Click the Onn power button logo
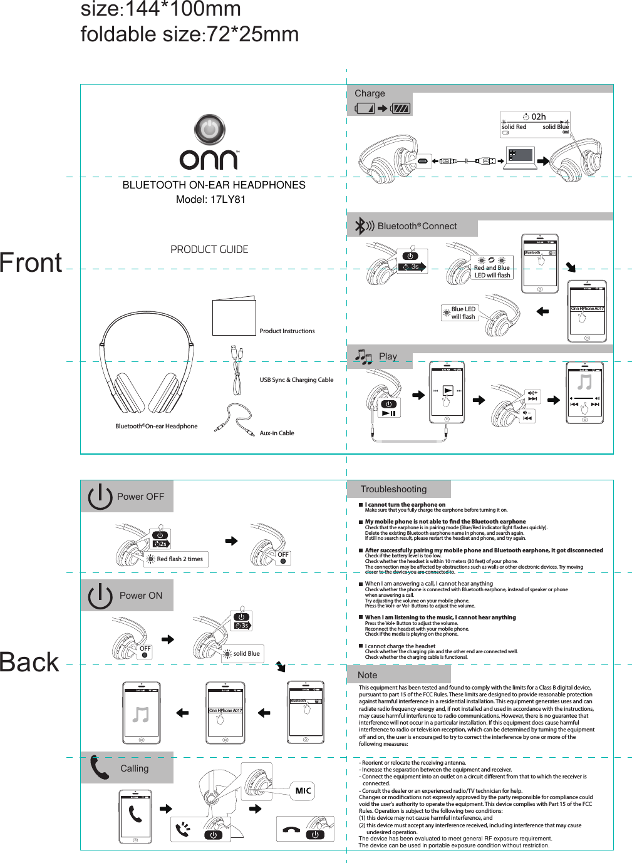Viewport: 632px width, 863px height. [209, 130]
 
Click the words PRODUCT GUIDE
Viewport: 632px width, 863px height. [209, 249]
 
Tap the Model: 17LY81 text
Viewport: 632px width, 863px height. [210, 200]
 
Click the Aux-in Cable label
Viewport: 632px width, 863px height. [277, 433]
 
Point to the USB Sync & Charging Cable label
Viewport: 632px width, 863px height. [296, 380]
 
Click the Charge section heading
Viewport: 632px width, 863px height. [370, 93]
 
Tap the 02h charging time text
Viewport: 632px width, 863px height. [538, 116]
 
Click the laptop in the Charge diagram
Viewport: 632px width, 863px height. [521, 157]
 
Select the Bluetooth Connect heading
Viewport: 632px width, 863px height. [417, 226]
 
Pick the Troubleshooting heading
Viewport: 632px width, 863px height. [393, 489]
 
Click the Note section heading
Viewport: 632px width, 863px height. [367, 675]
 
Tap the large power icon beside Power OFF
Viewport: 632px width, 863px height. [100, 497]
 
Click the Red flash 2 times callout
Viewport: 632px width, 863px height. [179, 559]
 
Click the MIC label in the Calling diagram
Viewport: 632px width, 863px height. [303, 791]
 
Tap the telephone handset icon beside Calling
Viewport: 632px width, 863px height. [100, 768]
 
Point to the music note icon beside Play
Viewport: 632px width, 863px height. [363, 357]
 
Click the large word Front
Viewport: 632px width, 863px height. [31, 263]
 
